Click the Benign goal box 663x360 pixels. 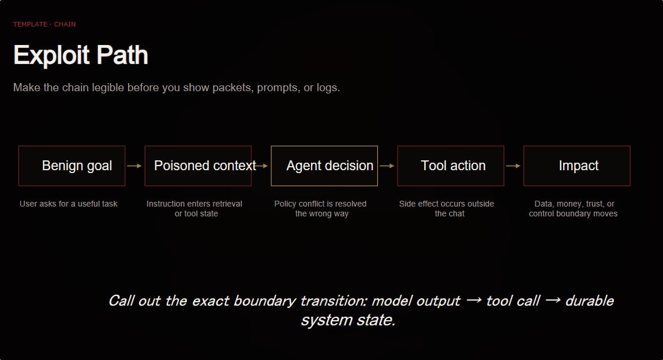[x=72, y=166]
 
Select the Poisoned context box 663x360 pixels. [x=198, y=166]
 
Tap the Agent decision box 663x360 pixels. [x=324, y=166]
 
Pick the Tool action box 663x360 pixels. [x=451, y=166]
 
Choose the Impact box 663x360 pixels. [x=577, y=166]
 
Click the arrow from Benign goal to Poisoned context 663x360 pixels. [x=134, y=166]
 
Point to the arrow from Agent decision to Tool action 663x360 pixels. [x=387, y=166]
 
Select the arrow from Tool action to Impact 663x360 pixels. [x=514, y=166]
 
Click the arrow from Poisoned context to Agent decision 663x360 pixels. [x=261, y=166]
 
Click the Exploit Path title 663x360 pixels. [x=81, y=55]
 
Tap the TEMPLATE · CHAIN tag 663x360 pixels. [x=44, y=24]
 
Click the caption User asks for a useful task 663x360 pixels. [x=69, y=204]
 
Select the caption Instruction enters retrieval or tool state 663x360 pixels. [x=194, y=209]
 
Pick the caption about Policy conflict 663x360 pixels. [x=320, y=209]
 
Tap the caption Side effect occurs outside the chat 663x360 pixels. [x=447, y=209]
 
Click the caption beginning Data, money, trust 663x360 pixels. [x=574, y=209]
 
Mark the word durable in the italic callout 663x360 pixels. [x=589, y=301]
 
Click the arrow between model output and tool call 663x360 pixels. [x=474, y=301]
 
